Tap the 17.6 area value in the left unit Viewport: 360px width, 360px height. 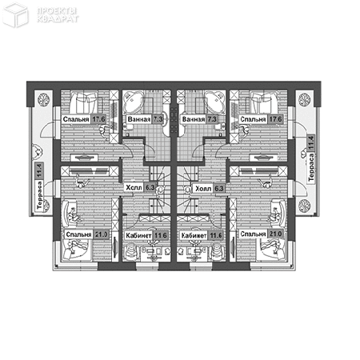tap(99, 120)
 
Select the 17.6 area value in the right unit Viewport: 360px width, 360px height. tap(277, 120)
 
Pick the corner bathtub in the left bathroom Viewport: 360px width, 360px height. tap(134, 102)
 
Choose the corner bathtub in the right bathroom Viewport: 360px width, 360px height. tap(214, 102)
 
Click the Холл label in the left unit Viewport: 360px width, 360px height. tap(135, 190)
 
